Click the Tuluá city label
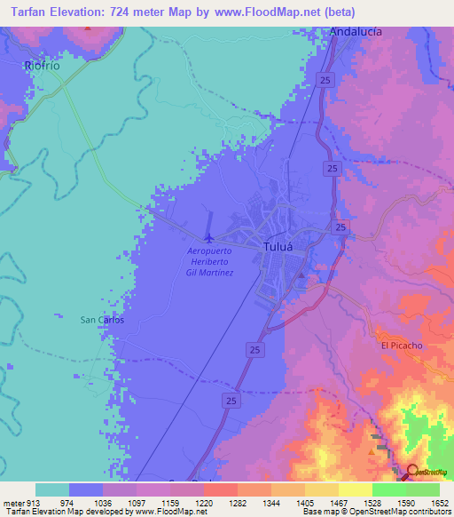pos(277,248)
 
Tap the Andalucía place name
pos(356,31)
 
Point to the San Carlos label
pos(101,320)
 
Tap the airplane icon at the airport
pos(209,237)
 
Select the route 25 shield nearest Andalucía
pos(327,80)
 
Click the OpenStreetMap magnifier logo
pos(413,472)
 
